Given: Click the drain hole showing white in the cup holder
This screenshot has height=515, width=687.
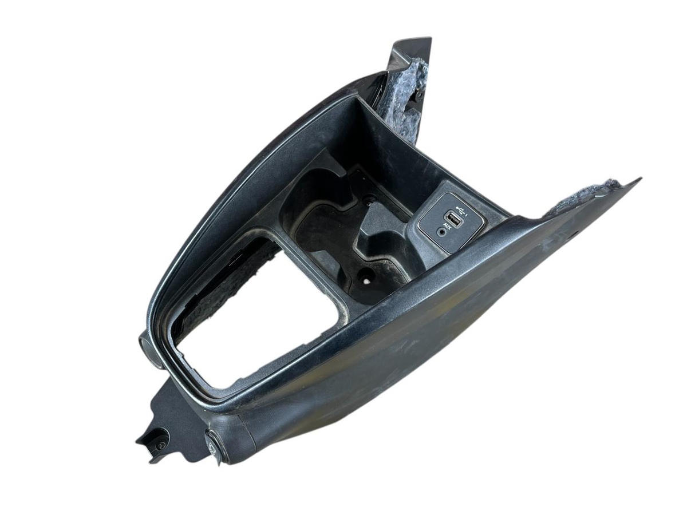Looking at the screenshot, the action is click(366, 281).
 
